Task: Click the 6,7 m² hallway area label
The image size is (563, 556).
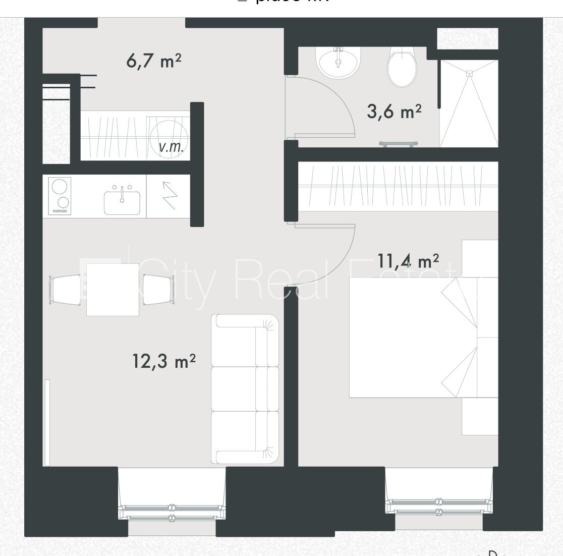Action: [x=153, y=61]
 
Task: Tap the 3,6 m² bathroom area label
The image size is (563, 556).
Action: [x=394, y=111]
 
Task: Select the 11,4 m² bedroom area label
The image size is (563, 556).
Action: [x=408, y=260]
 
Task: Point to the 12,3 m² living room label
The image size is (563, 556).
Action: [x=164, y=361]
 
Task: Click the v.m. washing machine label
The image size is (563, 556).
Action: [x=171, y=147]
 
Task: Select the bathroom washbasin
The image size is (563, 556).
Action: [x=337, y=62]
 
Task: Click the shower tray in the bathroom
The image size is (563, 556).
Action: [x=469, y=103]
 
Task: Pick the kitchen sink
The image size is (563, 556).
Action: [x=122, y=201]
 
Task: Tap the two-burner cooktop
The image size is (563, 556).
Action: [x=60, y=196]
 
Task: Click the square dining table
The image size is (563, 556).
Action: [x=112, y=290]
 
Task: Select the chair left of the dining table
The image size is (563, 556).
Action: [x=65, y=290]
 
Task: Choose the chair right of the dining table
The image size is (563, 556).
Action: [x=159, y=290]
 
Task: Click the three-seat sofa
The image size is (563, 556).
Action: [x=245, y=388]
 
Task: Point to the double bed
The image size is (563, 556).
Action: [x=414, y=337]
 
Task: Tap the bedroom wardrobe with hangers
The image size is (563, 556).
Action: [x=398, y=186]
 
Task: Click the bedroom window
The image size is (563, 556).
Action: [x=438, y=505]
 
